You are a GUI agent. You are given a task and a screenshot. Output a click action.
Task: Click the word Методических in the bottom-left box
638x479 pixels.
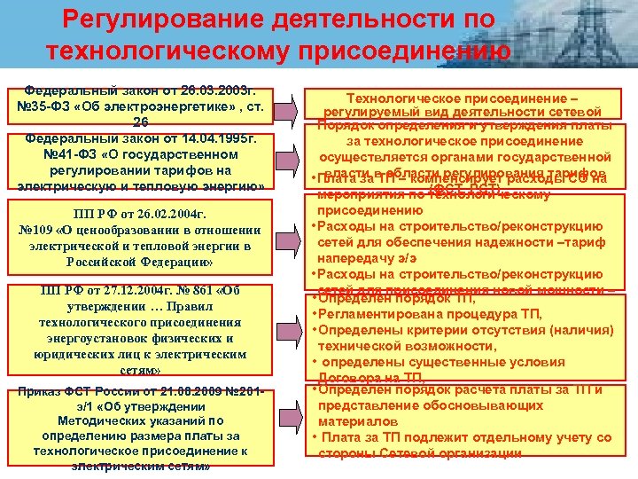[107, 420]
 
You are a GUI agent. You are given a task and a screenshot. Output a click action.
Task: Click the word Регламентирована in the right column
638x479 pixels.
[376, 315]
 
